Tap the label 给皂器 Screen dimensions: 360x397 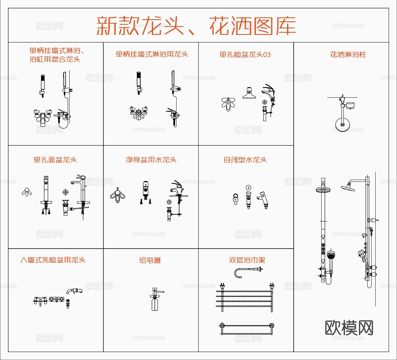(150, 260)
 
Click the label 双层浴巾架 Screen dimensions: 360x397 (247, 260)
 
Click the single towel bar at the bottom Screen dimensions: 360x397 (247, 326)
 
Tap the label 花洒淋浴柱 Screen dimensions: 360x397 (348, 54)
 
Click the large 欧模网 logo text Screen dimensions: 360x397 (349, 328)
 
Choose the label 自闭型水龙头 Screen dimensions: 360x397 (245, 160)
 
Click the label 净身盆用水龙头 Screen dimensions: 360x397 (151, 160)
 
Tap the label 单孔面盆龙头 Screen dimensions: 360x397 (55, 160)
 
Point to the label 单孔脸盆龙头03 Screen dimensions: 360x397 (245, 54)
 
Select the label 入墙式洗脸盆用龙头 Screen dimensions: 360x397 (53, 260)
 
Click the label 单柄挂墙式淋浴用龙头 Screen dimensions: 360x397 (152, 54)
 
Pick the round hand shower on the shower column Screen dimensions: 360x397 (331, 256)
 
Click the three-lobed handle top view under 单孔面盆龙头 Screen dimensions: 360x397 (26, 192)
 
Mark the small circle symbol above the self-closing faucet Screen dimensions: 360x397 (248, 187)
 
